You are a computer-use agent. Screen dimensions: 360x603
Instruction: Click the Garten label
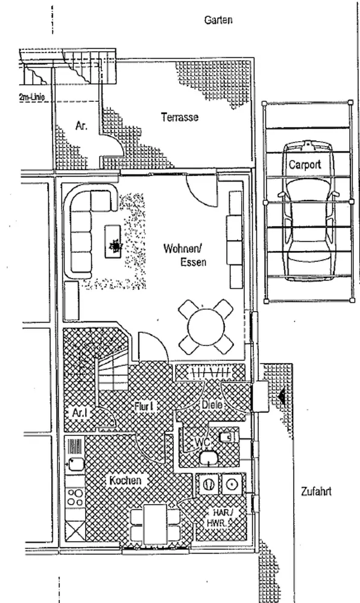click(218, 20)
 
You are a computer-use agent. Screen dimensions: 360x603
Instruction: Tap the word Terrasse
click(180, 117)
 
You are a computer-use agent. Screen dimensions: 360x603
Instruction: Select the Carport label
click(305, 165)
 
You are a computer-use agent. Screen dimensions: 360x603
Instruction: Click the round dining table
click(206, 327)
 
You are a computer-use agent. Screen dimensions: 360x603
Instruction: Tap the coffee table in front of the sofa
click(113, 242)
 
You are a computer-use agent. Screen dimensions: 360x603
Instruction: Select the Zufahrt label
click(316, 491)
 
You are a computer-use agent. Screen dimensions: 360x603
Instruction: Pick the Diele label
click(212, 405)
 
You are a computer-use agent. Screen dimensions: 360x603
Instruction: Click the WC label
click(203, 443)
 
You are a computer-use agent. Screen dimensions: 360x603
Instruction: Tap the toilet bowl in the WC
click(209, 458)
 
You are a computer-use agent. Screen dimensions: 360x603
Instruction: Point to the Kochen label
click(125, 481)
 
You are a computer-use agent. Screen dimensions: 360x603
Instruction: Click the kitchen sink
click(75, 463)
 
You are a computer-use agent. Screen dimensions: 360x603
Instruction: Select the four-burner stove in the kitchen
click(75, 497)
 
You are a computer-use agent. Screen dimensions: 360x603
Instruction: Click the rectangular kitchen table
click(156, 524)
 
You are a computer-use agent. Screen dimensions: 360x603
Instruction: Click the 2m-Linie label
click(31, 97)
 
